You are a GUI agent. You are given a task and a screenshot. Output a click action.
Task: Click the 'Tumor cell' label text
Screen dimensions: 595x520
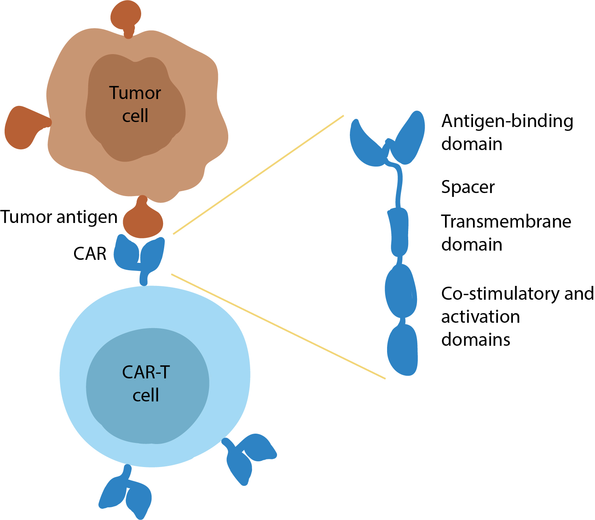[x=135, y=104]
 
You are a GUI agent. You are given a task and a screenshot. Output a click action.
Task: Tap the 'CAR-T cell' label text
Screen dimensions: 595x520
[x=146, y=383]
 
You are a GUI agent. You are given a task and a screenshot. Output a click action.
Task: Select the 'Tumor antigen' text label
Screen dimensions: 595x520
[x=59, y=217]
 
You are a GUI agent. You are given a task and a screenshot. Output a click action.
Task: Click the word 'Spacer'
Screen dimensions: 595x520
[x=468, y=187]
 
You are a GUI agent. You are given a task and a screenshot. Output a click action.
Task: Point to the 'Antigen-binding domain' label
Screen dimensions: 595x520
[x=507, y=132]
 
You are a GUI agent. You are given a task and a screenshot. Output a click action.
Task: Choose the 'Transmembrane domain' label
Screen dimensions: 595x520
[x=506, y=233]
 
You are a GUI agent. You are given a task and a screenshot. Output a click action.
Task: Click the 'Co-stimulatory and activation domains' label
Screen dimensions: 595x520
[x=518, y=317]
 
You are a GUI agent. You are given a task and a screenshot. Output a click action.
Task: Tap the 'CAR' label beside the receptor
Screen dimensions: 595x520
[x=90, y=254]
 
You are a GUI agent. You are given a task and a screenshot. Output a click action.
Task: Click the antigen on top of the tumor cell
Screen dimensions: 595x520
[x=126, y=18]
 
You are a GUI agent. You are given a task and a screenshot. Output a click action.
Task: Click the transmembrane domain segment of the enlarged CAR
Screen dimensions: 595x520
[x=399, y=232]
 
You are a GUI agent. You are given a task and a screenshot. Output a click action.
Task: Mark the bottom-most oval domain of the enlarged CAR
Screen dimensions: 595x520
[x=403, y=350]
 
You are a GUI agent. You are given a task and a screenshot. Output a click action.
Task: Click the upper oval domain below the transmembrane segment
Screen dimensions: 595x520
[x=401, y=291]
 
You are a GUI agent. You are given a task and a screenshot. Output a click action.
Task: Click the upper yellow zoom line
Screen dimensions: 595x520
[x=259, y=175]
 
